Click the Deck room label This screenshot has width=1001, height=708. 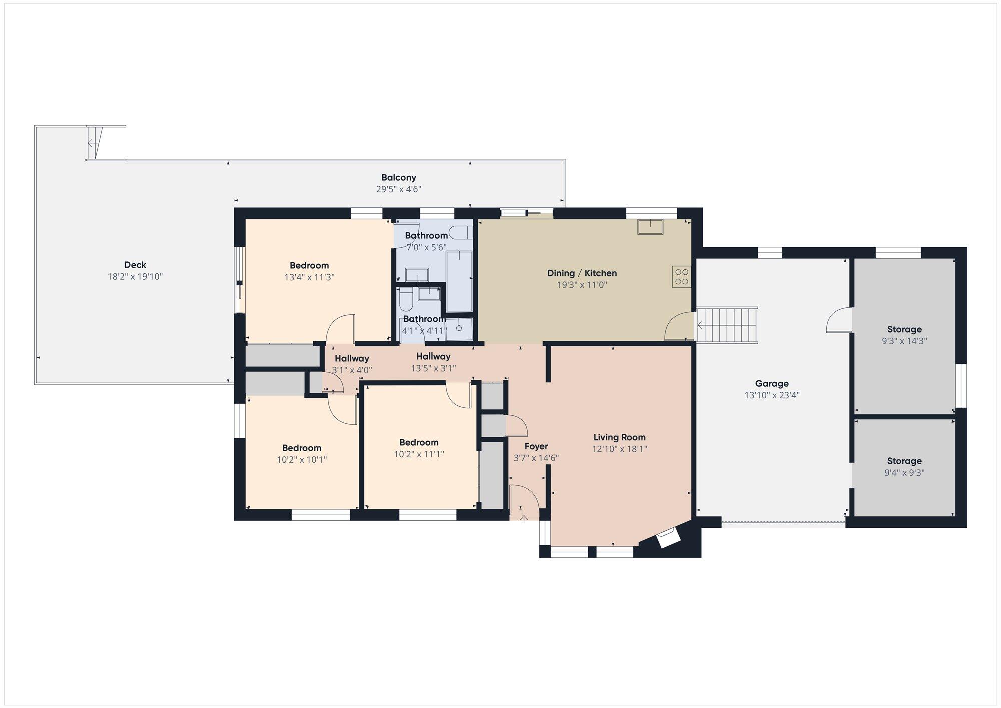click(135, 265)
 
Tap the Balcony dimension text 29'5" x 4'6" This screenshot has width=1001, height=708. click(399, 189)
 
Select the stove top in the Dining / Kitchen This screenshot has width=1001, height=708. click(681, 277)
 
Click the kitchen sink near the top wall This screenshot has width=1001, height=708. click(650, 227)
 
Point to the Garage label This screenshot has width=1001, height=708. click(772, 384)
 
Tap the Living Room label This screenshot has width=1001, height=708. click(619, 437)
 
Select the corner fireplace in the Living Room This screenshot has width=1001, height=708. click(668, 538)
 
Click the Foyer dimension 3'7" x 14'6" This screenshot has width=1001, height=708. click(536, 458)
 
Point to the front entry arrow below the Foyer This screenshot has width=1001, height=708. click(524, 518)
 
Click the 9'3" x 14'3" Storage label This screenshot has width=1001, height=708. click(904, 329)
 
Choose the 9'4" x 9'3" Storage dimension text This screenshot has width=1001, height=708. click(904, 472)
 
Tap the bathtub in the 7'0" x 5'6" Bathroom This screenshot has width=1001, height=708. click(459, 281)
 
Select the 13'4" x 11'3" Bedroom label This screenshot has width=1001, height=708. click(309, 265)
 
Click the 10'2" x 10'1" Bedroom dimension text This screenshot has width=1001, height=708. click(302, 459)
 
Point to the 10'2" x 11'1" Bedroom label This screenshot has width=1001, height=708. click(419, 442)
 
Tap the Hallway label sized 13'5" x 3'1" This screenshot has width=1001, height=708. click(433, 356)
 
